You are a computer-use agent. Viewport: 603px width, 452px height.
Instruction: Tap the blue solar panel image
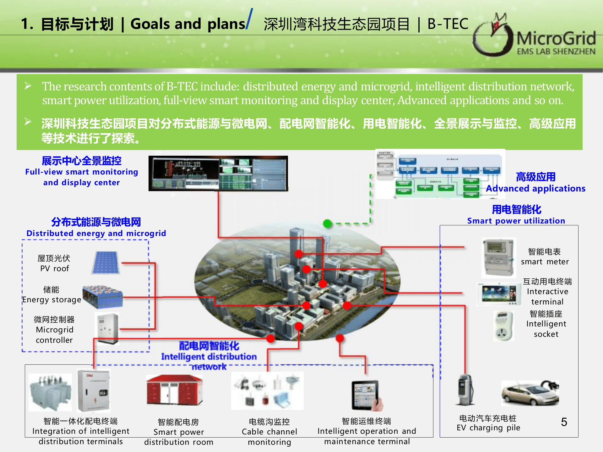pos(106,262)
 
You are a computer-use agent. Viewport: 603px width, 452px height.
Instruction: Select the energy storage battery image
pos(103,297)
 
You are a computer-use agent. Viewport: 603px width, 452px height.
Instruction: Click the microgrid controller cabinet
pos(107,329)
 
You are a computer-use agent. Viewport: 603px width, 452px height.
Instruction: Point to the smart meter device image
pos(498,258)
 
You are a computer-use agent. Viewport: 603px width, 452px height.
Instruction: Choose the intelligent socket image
pos(503,326)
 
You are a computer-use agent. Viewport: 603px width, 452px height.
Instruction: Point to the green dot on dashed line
pos(328,223)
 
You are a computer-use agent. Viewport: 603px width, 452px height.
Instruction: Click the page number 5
pos(564,422)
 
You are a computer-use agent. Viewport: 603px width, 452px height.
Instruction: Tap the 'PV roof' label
pos(54,268)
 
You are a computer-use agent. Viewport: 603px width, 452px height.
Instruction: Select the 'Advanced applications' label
pos(535,188)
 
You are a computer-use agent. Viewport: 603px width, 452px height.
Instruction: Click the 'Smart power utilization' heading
pos(516,221)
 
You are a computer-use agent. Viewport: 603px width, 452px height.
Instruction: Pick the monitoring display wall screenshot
pos(218,173)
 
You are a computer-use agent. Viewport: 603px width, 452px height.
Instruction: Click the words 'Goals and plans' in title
pos(187,24)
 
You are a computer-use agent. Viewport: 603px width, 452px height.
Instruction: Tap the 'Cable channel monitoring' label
pos(269,437)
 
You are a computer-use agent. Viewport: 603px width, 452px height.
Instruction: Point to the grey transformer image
pos(50,392)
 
